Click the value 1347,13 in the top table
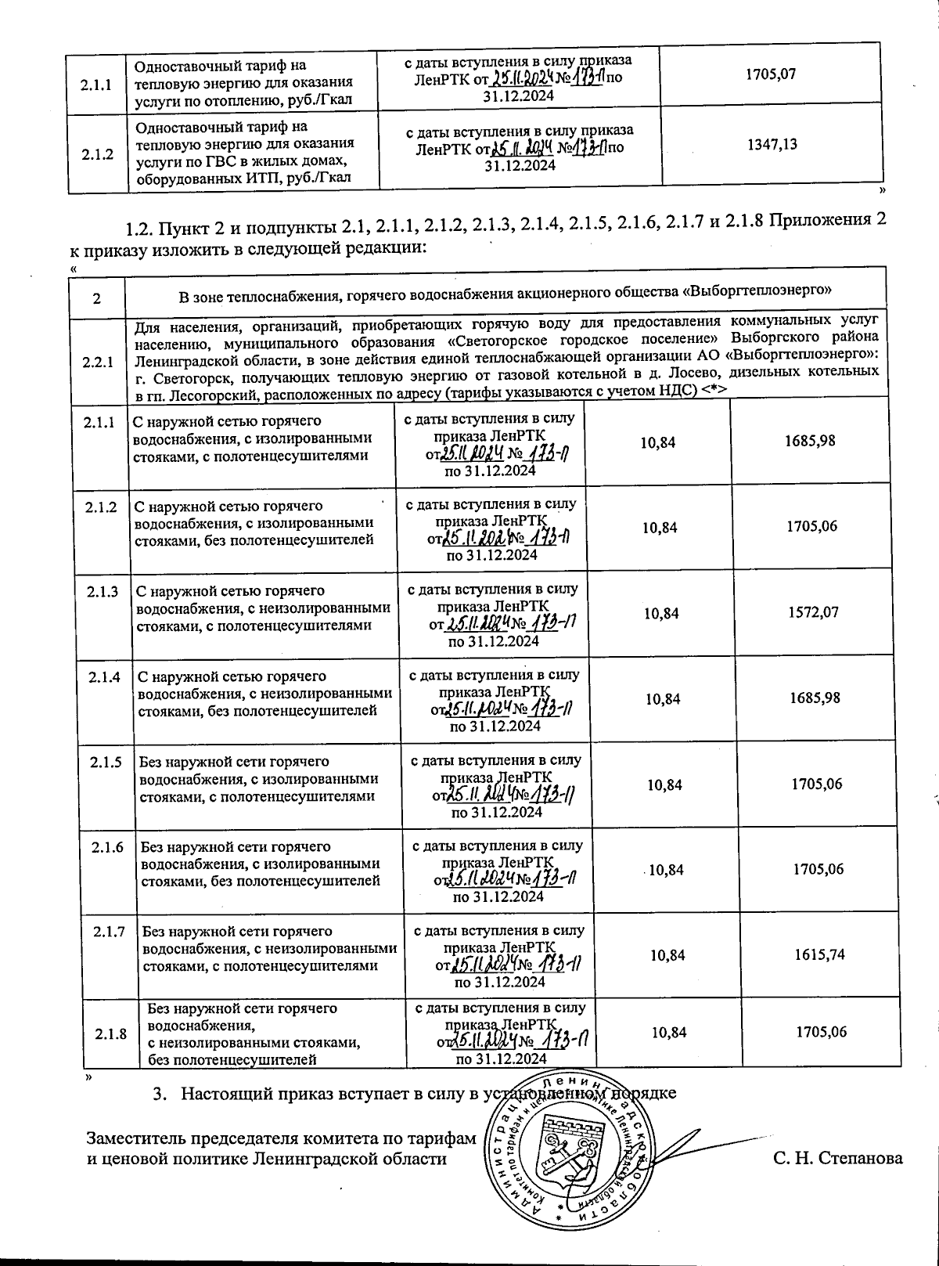pos(772,144)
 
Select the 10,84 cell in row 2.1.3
pos(661,613)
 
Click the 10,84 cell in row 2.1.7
pos(667,955)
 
